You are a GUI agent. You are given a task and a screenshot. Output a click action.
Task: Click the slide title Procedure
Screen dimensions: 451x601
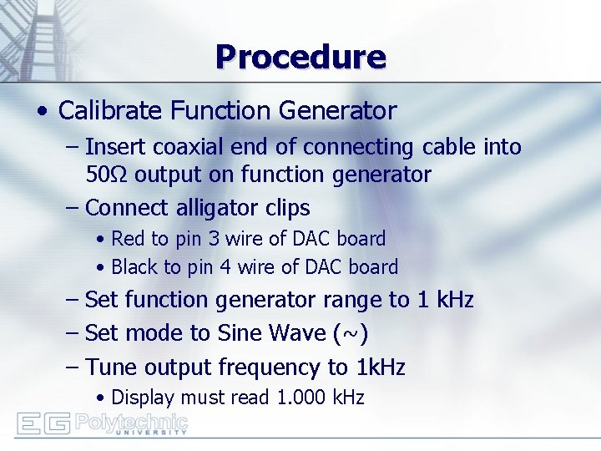300,57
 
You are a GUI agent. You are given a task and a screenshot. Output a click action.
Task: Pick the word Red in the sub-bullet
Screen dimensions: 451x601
128,239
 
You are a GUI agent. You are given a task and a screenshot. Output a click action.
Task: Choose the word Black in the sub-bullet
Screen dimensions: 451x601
134,267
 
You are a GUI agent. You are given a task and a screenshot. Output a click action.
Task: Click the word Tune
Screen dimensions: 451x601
112,367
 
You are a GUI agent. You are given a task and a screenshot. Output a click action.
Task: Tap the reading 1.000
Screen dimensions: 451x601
299,398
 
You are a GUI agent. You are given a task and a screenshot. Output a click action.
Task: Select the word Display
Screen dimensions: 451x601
143,398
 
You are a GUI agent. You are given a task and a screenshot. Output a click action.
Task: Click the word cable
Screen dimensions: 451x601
451,147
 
